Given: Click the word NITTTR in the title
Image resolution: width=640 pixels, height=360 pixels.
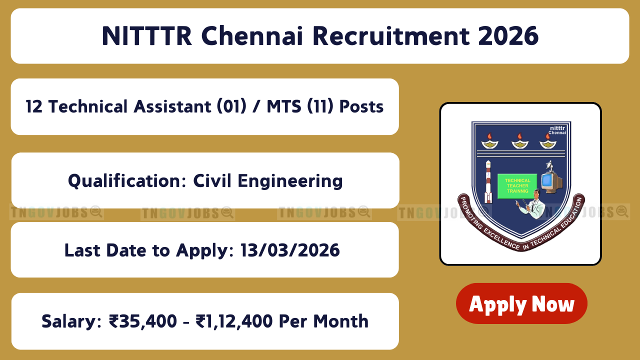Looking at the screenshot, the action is point(147,36).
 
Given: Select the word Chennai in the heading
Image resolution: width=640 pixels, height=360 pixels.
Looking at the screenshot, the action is point(252,36).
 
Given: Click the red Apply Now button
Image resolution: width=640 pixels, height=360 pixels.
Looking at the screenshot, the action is point(521,303).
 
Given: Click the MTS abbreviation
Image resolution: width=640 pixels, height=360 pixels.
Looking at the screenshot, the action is point(284,106).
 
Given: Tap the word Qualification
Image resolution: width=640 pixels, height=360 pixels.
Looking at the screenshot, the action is point(127,180).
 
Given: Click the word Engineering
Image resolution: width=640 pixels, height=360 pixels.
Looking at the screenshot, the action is point(290,181).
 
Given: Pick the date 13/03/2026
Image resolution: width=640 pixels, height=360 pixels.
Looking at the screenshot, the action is point(290,250).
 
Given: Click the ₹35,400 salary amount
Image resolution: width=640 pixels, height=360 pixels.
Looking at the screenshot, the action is point(143,321).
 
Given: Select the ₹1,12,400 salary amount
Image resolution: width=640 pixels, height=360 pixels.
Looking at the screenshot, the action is point(234,321).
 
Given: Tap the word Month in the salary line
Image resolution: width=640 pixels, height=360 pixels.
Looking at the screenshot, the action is point(341,321).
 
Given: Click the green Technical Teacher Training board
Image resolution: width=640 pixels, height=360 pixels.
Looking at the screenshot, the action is point(517,186).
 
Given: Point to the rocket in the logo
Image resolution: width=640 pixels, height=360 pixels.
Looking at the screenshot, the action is point(488,182).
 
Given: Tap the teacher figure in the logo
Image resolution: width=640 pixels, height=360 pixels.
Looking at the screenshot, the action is point(531,204).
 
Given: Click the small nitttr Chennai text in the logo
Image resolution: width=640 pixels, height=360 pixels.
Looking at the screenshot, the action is point(557,130).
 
